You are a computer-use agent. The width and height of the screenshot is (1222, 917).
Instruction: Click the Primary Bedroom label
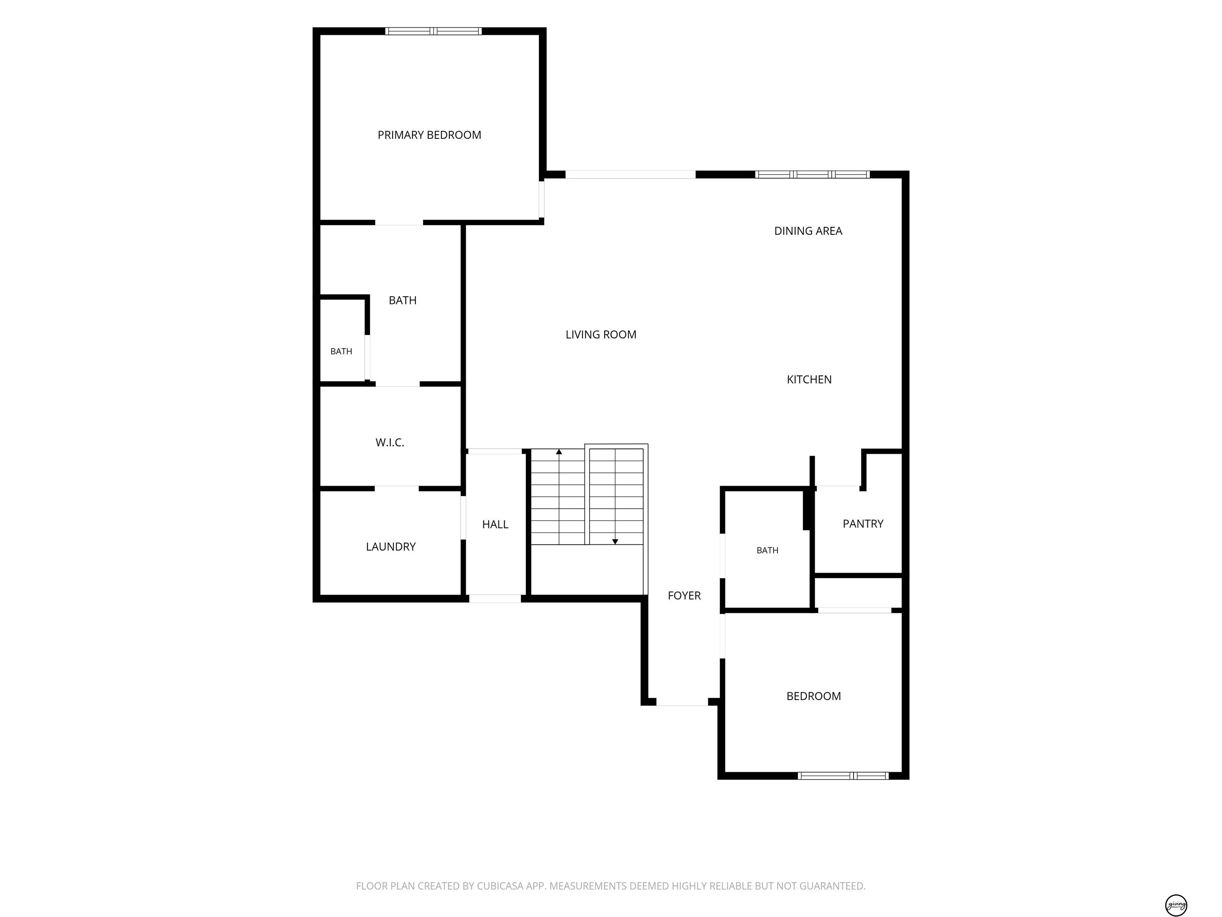click(429, 135)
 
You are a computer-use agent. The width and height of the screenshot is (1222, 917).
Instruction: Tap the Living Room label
click(601, 334)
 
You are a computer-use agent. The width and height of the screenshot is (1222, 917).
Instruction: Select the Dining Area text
click(808, 231)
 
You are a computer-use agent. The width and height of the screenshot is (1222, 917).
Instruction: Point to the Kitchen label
click(809, 380)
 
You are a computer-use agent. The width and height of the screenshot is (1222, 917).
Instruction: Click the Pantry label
click(863, 523)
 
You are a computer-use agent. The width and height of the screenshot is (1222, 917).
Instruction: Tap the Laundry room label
click(391, 547)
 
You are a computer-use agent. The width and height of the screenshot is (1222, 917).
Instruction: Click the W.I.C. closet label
click(390, 443)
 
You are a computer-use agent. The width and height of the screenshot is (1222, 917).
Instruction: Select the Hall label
click(495, 525)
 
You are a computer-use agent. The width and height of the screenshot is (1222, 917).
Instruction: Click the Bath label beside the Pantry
click(767, 550)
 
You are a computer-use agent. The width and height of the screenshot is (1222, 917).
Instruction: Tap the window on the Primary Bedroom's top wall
click(433, 31)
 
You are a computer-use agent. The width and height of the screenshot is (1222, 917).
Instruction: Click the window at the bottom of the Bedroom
click(843, 775)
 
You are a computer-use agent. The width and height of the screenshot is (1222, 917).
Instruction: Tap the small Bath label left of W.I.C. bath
click(341, 351)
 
